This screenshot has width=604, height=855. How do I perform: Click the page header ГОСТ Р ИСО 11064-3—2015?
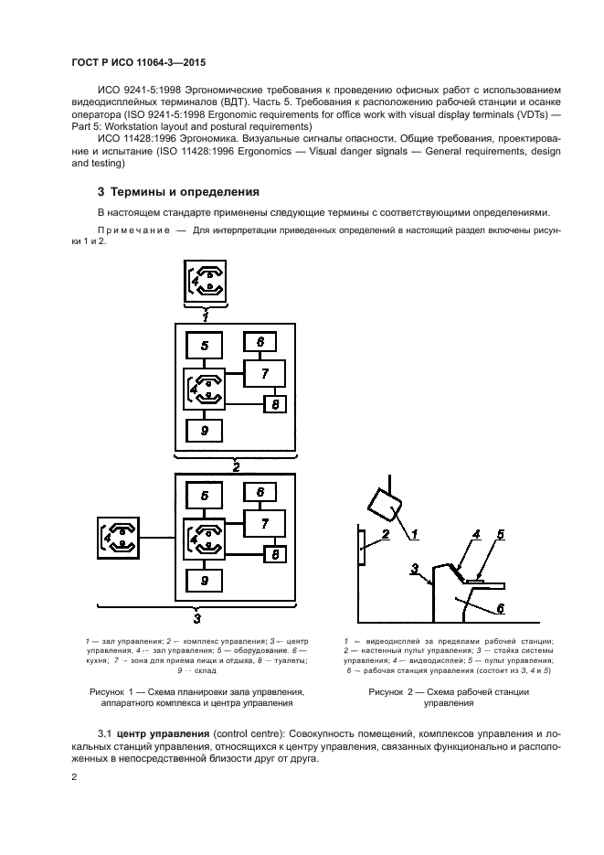coord(138,63)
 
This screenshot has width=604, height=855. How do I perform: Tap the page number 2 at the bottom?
coord(75,776)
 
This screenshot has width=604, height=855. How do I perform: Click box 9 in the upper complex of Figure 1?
coord(205,431)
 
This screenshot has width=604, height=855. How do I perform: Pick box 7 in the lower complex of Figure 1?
coord(264,524)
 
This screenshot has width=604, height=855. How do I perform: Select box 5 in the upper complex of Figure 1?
coord(205,346)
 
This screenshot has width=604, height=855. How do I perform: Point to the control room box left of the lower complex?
coord(118,538)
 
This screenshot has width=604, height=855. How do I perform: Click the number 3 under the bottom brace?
coord(197,618)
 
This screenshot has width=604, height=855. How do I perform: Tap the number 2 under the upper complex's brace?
coord(236,467)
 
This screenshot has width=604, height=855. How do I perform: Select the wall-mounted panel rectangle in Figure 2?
coord(362,546)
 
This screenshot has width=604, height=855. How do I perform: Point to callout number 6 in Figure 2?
coord(501,608)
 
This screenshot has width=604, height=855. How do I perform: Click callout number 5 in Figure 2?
coord(501,534)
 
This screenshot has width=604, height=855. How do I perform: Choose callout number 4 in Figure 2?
coord(476,534)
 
